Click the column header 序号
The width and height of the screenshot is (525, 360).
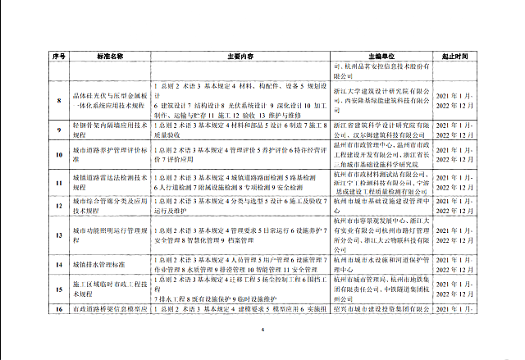59,57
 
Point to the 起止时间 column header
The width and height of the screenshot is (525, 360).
453,57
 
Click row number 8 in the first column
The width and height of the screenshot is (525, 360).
59,102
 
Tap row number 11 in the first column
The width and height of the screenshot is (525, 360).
59,181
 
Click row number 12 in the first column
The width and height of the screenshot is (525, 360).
59,205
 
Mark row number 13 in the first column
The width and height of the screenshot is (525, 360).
59,233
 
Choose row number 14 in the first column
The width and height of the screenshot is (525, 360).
59,265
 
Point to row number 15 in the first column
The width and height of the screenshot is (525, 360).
59,288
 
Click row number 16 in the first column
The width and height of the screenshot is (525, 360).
59,308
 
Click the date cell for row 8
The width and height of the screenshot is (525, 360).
453,102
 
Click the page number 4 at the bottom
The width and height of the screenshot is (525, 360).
262,330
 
